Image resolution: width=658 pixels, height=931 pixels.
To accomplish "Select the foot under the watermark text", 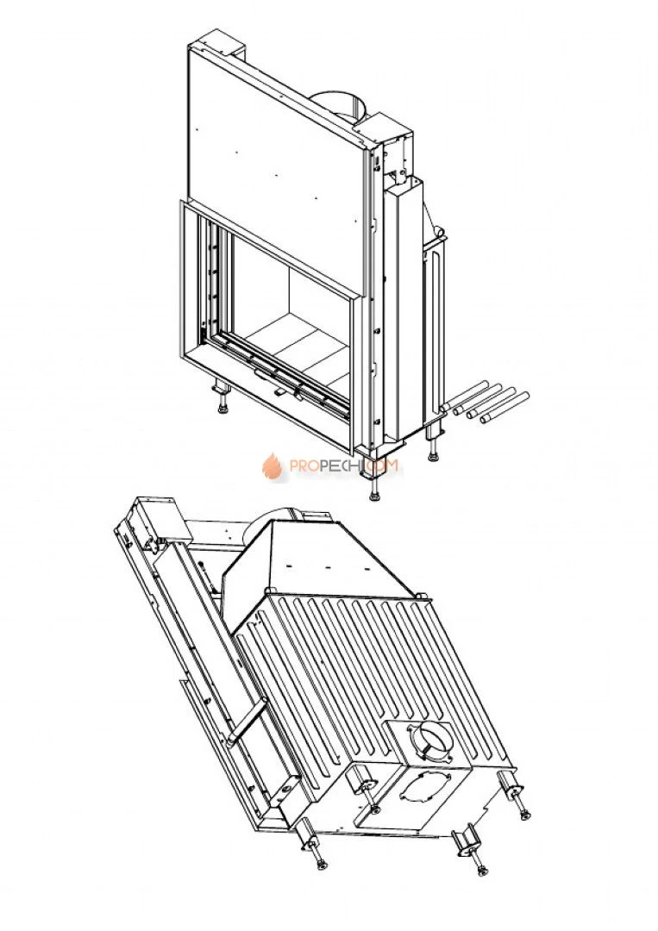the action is [375, 482].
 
